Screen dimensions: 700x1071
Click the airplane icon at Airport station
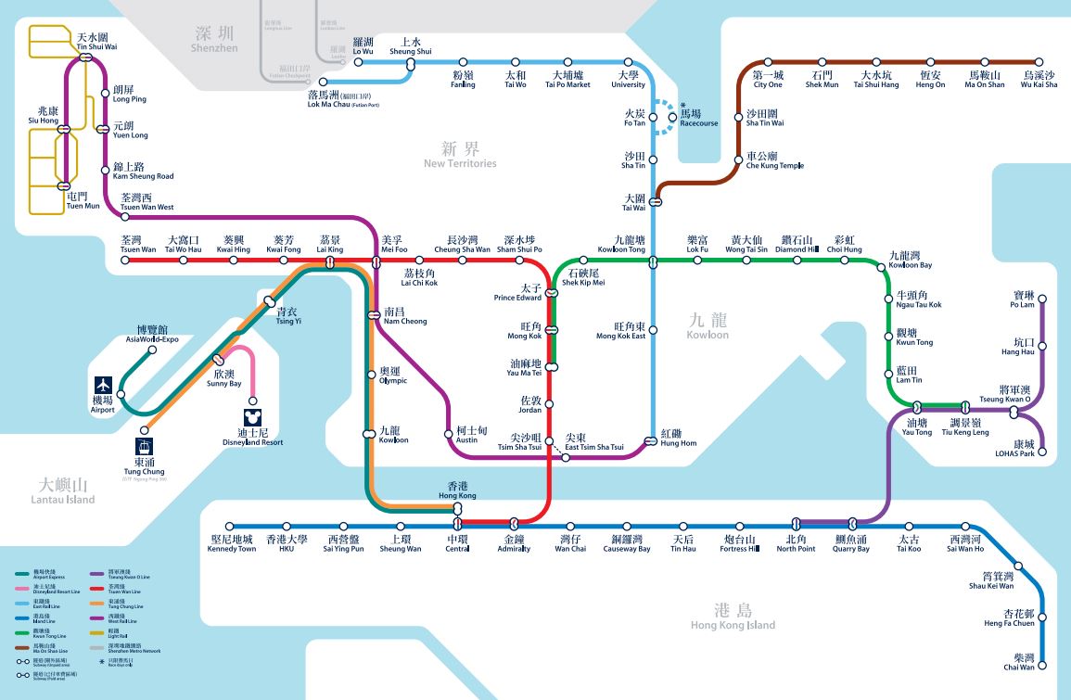[x=102, y=384]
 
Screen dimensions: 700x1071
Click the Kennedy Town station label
[x=233, y=543]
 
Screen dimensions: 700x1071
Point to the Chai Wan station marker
[x=1043, y=665]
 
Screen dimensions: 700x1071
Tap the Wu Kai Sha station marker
[x=1039, y=63]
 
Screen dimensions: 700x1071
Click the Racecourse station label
[x=698, y=118]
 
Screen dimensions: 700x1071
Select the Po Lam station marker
[x=1042, y=299]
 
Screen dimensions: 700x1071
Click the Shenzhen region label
[x=214, y=39]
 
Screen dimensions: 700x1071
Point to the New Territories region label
[x=460, y=155]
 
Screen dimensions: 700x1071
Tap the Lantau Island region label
[x=62, y=491]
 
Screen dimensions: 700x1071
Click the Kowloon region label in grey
[x=708, y=325]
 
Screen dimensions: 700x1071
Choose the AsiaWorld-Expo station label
[x=152, y=334]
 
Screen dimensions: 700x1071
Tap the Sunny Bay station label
[x=223, y=378]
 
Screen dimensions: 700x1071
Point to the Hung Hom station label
[x=678, y=438]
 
